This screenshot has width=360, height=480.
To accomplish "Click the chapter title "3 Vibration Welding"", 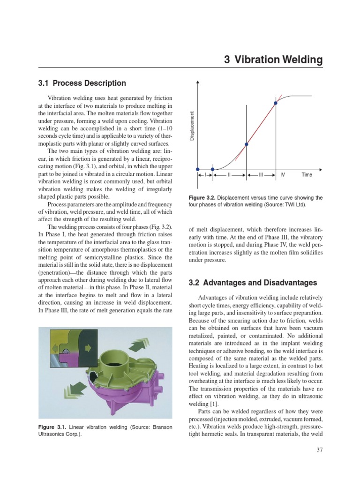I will click(273, 60).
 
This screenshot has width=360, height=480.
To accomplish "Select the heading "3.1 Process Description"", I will click(82, 83).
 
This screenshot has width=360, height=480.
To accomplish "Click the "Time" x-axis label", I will click(307, 175).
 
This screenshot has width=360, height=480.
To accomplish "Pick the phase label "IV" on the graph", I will click(283, 175).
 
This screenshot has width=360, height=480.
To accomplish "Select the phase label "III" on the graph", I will click(261, 175).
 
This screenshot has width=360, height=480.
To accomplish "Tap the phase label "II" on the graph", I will click(229, 175).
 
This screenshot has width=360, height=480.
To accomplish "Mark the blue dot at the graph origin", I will click(197, 169).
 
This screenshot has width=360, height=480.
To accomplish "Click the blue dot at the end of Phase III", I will click(276, 103).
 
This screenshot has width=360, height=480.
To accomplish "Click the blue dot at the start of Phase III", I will click(247, 144).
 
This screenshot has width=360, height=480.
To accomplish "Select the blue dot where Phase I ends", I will click(213, 169).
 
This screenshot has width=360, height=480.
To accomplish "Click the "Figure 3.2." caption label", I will click(202, 198).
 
